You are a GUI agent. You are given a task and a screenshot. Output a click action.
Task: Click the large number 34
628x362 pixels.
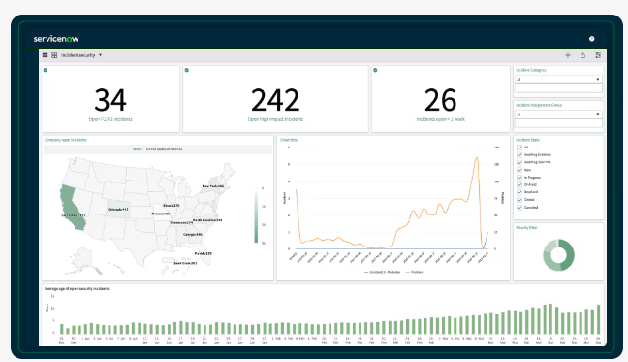pyautogui.click(x=110, y=100)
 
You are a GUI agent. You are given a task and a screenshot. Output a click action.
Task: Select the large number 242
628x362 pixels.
pyautogui.click(x=275, y=100)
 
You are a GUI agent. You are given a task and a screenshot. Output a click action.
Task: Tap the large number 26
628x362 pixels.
pyautogui.click(x=440, y=100)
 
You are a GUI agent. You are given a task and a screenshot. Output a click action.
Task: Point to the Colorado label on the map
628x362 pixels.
pyautogui.click(x=117, y=209)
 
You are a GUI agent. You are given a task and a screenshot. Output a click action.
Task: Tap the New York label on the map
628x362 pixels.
pyautogui.click(x=212, y=185)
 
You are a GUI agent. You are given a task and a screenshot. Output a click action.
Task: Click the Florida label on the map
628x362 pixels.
pyautogui.click(x=203, y=253)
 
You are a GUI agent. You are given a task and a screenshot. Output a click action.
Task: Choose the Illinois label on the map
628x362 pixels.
pyautogui.click(x=172, y=206)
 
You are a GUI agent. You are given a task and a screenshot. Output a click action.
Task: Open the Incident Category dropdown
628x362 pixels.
pyautogui.click(x=558, y=79)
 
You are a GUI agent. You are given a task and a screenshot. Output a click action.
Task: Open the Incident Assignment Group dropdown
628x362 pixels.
pyautogui.click(x=558, y=114)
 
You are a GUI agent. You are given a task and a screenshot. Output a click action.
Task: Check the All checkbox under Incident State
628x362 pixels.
pyautogui.click(x=519, y=148)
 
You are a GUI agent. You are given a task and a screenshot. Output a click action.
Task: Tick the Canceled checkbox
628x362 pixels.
pyautogui.click(x=519, y=207)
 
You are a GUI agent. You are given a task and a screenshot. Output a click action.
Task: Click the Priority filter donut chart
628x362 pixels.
pyautogui.click(x=557, y=254)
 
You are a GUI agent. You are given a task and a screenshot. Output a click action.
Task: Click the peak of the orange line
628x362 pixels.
pyautogui.click(x=477, y=159)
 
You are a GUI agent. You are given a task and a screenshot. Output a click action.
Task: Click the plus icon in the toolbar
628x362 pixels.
pyautogui.click(x=568, y=55)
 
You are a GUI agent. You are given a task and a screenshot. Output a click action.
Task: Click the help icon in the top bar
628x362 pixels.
pyautogui.click(x=591, y=39)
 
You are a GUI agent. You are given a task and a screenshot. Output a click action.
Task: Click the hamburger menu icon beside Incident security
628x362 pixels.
pyautogui.click(x=46, y=55)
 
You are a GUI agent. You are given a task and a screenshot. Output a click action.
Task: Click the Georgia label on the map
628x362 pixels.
pyautogui.click(x=192, y=234)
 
